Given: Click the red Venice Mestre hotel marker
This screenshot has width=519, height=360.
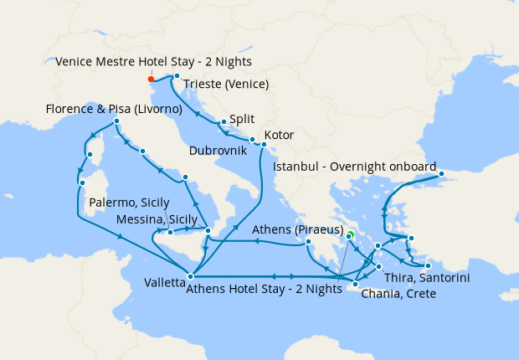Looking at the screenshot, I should (x=151, y=80).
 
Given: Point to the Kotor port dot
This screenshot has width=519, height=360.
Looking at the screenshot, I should (x=263, y=145).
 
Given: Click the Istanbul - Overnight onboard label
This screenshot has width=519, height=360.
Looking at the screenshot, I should (x=355, y=167).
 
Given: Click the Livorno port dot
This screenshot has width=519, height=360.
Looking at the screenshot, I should (x=116, y=122).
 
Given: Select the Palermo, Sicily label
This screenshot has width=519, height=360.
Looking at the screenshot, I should (x=130, y=203).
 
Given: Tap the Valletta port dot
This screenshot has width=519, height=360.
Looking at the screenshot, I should (x=192, y=275).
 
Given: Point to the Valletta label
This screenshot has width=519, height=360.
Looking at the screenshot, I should (x=158, y=284).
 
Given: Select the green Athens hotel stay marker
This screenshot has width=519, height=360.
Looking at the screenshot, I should (x=351, y=235).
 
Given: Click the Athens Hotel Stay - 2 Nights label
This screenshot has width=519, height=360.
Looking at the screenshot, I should (x=266, y=291).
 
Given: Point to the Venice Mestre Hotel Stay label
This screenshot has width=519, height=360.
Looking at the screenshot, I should (x=154, y=62).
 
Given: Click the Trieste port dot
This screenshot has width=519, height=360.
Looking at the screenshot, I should (x=177, y=76).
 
